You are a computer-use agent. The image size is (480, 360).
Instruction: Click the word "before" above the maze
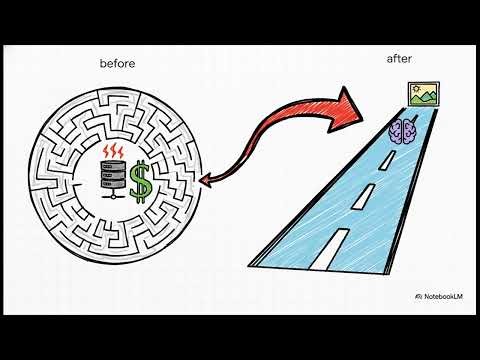(x=117, y=64)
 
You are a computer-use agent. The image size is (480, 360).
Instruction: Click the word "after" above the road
(x=399, y=58)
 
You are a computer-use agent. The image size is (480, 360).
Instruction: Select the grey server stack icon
(x=112, y=178)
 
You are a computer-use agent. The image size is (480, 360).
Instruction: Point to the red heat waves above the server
(x=112, y=153)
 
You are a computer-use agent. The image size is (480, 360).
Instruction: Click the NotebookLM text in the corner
(x=441, y=297)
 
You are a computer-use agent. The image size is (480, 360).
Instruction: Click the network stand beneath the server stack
(x=112, y=197)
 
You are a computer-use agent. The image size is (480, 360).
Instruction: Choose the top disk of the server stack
(x=112, y=167)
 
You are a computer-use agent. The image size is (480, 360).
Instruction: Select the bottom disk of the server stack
(x=112, y=187)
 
